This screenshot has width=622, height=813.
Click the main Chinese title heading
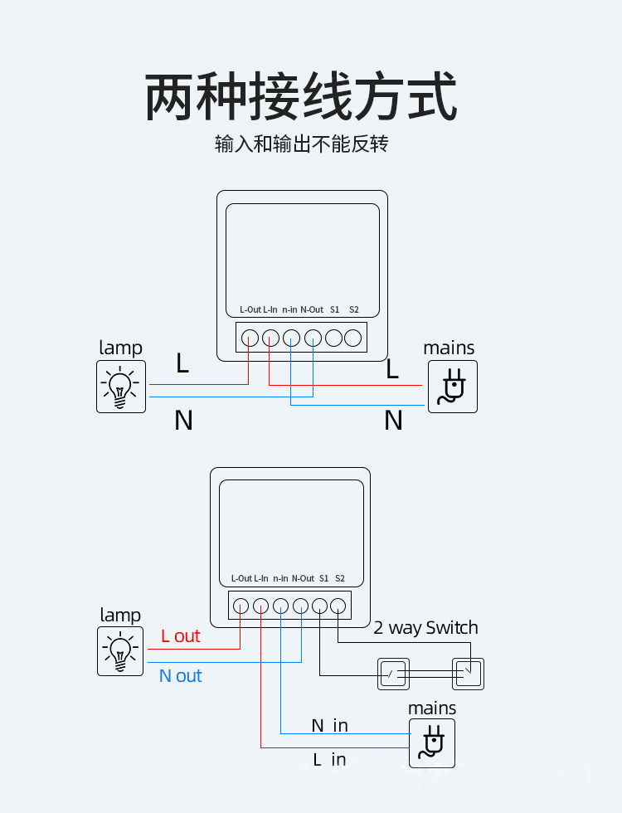301,98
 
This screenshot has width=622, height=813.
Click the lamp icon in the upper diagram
121,387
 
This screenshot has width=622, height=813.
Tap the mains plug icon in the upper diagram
452,387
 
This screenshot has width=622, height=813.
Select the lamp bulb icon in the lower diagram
121,651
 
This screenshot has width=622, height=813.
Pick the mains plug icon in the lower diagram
432,742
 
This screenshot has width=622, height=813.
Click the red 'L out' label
181,636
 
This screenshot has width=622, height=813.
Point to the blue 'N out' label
180,676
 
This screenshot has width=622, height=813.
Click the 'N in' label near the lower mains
329,726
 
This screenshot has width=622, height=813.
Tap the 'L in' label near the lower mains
329,759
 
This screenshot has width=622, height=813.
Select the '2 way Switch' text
425,628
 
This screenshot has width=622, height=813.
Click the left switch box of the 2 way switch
393,674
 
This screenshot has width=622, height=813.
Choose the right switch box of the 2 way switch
468,674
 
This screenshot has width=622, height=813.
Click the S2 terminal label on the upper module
354,309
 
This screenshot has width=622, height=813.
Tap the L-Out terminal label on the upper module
250,309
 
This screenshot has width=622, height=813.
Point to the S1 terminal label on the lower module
323,578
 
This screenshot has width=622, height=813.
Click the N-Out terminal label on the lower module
303,578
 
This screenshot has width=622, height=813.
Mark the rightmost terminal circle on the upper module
353,338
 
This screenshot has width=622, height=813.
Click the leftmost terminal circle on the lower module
241,606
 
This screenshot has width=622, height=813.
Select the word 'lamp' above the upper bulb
121,348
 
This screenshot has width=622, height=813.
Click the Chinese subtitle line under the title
301,144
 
